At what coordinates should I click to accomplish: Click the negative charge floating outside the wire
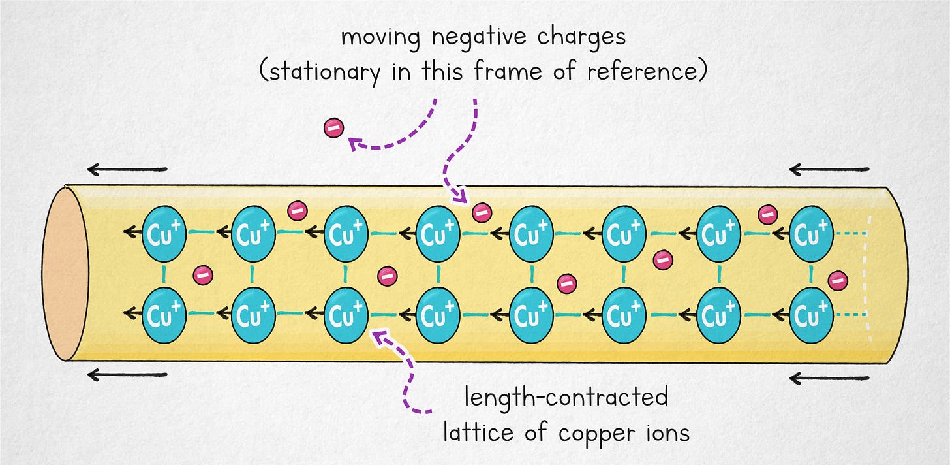(333, 128)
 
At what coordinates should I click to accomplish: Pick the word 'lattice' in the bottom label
(474, 432)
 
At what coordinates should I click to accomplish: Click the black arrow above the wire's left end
(127, 170)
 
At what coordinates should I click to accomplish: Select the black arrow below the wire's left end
(127, 375)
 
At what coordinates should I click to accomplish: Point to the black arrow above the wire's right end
(829, 170)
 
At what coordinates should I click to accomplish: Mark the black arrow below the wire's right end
(829, 377)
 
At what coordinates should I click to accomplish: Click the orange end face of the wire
(65, 274)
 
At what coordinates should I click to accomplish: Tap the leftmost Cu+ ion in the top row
(163, 233)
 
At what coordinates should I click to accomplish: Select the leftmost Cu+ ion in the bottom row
(163, 315)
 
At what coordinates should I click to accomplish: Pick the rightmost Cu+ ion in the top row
(811, 233)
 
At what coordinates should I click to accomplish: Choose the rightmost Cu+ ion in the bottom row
(811, 315)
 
